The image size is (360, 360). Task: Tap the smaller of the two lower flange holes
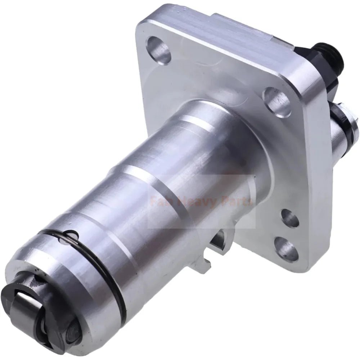290,218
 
